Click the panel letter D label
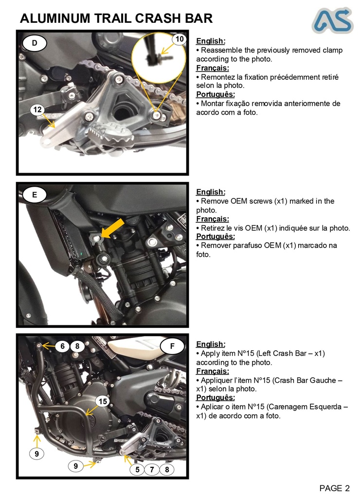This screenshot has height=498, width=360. tap(35, 43)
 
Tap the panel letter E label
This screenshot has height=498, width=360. tap(35, 195)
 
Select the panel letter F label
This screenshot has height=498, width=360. tap(173, 346)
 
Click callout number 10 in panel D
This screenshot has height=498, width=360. tap(180, 39)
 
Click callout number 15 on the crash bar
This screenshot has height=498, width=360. tap(103, 401)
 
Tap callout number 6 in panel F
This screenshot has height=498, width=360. tap(62, 346)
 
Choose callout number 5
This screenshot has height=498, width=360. tap(138, 469)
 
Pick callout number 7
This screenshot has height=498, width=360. tap(152, 469)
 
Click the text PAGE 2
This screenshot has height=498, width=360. tap(334, 488)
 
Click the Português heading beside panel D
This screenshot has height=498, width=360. tap(215, 94)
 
